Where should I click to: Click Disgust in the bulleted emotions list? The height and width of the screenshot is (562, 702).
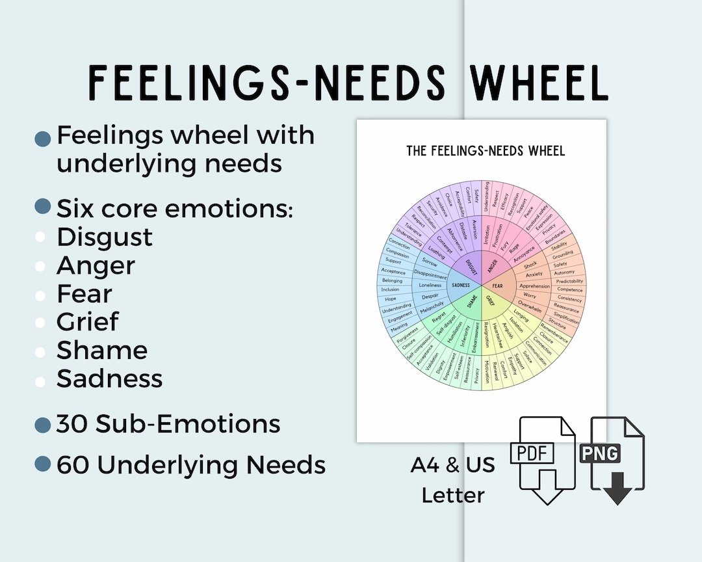click(105, 237)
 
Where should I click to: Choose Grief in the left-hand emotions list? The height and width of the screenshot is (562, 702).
click(88, 321)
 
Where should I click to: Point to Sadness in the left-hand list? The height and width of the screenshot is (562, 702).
click(109, 378)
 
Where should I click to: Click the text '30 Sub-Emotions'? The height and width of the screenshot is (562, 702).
click(168, 424)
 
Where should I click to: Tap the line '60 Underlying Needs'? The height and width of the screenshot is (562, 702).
click(191, 465)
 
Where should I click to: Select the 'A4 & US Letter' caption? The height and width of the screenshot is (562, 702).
click(452, 480)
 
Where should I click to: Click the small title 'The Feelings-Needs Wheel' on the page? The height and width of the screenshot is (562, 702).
click(486, 151)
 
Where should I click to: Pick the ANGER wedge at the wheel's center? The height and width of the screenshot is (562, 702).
click(493, 265)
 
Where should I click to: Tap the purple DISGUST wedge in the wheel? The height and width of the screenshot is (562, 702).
click(471, 266)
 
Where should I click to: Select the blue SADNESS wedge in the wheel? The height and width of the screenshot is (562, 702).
click(461, 285)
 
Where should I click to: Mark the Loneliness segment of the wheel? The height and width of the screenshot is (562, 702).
click(430, 285)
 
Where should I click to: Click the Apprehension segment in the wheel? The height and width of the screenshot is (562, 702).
click(534, 286)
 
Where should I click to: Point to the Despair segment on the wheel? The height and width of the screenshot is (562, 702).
click(430, 296)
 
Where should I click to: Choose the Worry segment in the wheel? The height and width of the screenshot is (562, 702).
click(530, 295)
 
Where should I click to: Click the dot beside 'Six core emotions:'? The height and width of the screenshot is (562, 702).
click(43, 207)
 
